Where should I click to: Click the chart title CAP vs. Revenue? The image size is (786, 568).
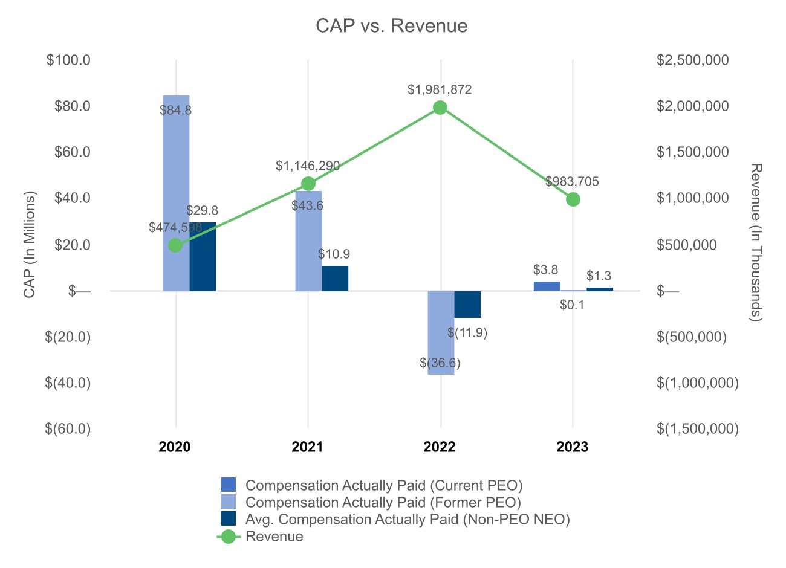point(392,26)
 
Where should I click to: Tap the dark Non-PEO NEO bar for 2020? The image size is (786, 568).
point(203,257)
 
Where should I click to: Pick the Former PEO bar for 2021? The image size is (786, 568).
point(308,242)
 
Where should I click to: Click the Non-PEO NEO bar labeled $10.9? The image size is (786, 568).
point(335,279)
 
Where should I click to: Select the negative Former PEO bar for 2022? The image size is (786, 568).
point(441,332)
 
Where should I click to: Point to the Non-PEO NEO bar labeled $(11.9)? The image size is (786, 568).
point(467,304)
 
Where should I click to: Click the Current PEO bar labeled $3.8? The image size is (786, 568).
point(547,286)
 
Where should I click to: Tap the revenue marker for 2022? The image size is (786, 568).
point(440,108)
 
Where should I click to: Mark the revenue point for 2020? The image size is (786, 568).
point(175,245)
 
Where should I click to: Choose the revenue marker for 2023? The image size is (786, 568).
point(573,199)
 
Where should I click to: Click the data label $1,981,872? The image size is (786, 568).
point(440,90)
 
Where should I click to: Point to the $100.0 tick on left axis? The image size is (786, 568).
point(68,60)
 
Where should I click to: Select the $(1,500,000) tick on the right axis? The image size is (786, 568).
point(698,428)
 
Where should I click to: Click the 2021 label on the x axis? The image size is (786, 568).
point(307,447)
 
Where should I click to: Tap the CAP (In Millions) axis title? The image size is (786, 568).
point(30,244)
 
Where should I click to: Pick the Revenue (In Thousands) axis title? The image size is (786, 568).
point(756,242)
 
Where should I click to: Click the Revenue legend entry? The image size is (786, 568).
point(274,537)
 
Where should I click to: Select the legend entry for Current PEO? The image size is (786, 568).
point(384,485)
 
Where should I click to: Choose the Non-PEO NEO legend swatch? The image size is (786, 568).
point(229,519)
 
